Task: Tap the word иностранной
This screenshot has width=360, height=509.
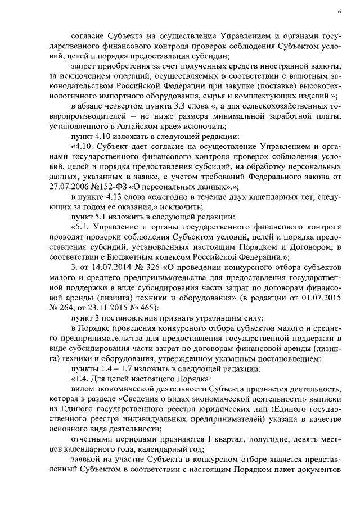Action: pyautogui.click(x=269, y=67)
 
